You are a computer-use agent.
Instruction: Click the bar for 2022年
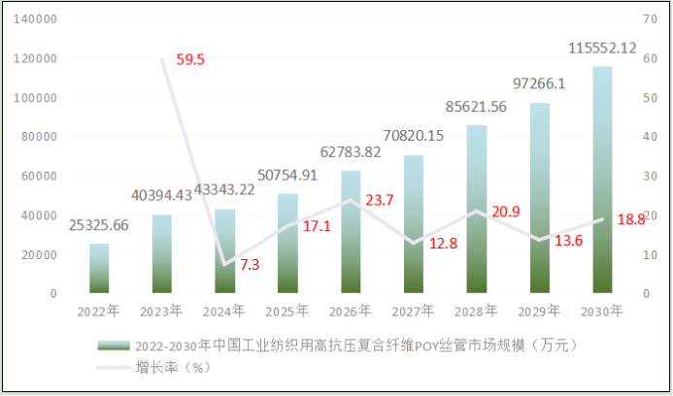coord(99,269)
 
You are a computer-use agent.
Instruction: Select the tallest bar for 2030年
coord(602,180)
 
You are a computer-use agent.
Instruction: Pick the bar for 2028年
coord(477,210)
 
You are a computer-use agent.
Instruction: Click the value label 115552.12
coord(602,48)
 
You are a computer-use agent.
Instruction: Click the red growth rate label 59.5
coord(190,60)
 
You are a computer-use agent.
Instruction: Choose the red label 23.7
coord(380,200)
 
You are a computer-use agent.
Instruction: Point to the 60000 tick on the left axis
coord(40,177)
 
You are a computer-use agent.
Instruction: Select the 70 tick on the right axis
coord(658,19)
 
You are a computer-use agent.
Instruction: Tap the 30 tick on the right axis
coord(658,177)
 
